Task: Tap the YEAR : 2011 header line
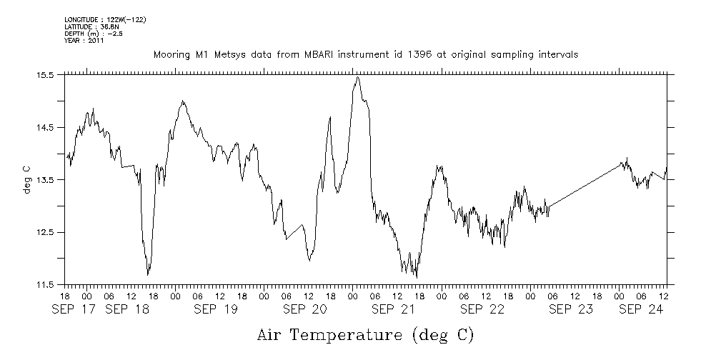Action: point(84,41)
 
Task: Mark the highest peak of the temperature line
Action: point(357,77)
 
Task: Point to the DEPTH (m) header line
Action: point(94,34)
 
